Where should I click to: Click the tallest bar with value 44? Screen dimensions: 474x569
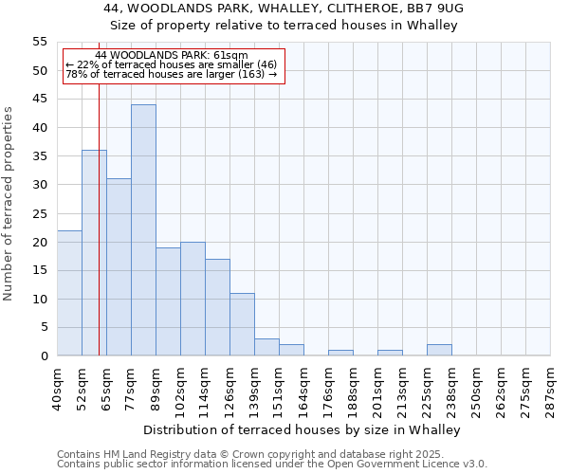(143, 230)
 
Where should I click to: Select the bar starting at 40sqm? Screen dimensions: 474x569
(69, 293)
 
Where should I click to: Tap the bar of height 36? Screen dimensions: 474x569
(94, 253)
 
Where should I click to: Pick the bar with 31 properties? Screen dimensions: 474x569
(119, 267)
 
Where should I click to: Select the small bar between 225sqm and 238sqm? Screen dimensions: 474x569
(439, 350)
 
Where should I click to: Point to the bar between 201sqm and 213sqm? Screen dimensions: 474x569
(390, 353)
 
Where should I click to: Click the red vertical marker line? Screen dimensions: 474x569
(99, 237)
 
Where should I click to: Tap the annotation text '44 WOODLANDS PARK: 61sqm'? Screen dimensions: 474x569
(172, 56)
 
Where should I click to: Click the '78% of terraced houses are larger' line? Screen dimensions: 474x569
(172, 74)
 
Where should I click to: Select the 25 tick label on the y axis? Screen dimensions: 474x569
(40, 213)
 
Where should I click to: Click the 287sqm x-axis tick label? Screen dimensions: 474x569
(550, 391)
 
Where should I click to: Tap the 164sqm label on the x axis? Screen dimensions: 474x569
(303, 391)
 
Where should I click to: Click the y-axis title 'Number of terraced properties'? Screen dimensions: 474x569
(9, 203)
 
